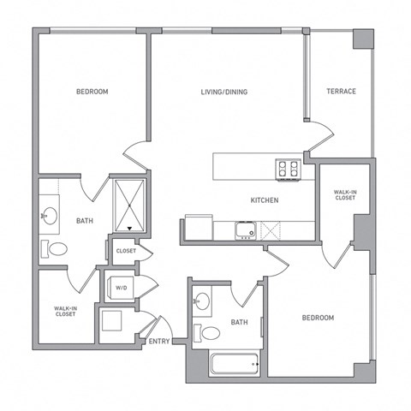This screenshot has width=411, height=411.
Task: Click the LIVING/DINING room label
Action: click(224, 92)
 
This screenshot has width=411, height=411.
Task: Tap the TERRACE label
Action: click(340, 92)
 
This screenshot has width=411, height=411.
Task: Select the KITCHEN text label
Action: click(264, 200)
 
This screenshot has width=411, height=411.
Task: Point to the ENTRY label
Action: click(158, 342)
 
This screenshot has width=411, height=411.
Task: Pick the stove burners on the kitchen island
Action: click(287, 168)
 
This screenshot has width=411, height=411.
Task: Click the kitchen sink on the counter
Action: click(246, 230)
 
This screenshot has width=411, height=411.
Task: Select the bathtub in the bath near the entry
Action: click(234, 366)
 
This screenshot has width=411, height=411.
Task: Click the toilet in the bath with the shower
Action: click(57, 249)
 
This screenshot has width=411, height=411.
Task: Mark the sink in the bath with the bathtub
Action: click(202, 301)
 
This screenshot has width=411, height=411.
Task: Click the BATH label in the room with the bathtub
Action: click(239, 323)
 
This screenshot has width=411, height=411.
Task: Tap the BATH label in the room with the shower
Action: click(85, 221)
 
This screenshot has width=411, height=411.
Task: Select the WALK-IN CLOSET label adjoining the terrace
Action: click(345, 194)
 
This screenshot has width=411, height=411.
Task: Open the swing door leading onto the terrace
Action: click(319, 134)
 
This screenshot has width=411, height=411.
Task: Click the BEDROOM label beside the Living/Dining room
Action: click(92, 92)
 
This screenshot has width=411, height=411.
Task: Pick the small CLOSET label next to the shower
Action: click(125, 252)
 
